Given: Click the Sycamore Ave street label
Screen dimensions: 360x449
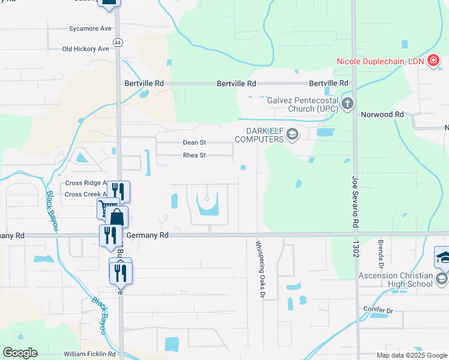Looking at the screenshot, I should [90, 28].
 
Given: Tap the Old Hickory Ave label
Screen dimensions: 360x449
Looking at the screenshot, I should [86, 49].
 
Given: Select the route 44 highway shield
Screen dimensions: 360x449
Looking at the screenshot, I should [118, 43].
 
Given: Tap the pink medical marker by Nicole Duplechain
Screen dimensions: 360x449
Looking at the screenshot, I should [432, 61].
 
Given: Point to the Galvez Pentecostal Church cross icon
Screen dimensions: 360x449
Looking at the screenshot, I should [347, 104].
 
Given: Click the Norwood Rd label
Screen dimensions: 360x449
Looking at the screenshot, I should [382, 114].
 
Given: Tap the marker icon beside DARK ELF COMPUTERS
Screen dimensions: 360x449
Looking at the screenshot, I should [292, 134].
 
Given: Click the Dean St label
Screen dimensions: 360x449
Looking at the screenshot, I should [194, 143].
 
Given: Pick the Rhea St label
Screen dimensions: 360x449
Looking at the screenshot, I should [194, 155].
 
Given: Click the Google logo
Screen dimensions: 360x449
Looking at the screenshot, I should [20, 353].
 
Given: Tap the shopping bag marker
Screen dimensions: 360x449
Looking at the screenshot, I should [118, 217].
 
